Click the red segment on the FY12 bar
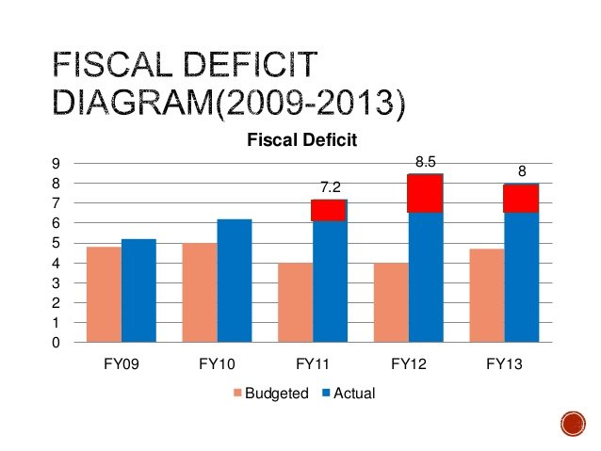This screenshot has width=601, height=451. point(425,194)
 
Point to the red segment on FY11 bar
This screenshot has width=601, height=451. point(329,210)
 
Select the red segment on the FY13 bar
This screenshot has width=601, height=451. point(520,199)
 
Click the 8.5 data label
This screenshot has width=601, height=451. point(425,163)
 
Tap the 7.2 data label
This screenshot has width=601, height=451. point(329,188)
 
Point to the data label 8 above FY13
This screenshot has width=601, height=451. point(521,171)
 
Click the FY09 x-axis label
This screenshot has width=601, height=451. point(121,363)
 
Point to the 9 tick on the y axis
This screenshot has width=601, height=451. point(56,163)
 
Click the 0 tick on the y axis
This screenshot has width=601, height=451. point(56,343)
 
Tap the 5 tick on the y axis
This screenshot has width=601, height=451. point(56,243)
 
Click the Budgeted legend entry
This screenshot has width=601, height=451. point(269,393)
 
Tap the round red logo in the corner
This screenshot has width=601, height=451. point(573,423)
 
